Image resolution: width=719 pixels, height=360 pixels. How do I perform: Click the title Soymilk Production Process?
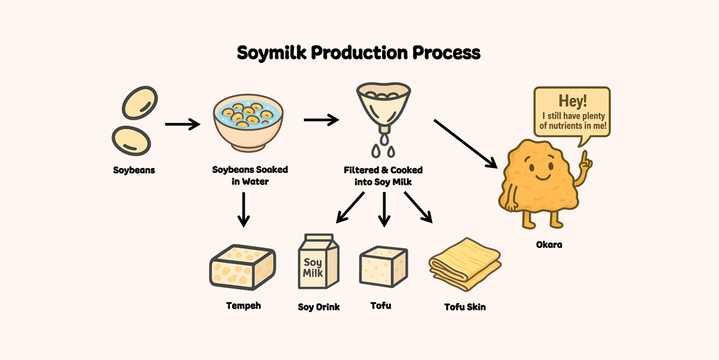(x=359, y=53)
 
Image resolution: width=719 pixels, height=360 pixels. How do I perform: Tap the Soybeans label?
(x=134, y=170)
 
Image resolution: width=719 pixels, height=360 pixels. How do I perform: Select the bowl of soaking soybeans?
(x=248, y=122)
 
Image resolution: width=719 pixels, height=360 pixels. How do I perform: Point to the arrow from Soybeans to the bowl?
(x=182, y=124)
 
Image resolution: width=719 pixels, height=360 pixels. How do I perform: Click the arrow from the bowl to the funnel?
(x=321, y=120)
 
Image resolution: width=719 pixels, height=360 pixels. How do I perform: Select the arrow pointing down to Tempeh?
(x=244, y=209)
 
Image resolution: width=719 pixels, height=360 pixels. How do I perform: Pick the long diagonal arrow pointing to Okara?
(x=465, y=144)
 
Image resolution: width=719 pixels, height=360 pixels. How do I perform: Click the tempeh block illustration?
(x=242, y=267)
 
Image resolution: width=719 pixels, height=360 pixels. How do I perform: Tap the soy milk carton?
(x=318, y=261)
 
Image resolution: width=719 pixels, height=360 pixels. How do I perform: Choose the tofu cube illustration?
(x=383, y=267)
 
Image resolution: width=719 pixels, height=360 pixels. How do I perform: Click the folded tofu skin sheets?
(x=465, y=265)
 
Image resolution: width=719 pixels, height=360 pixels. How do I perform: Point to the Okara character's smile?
(x=543, y=177)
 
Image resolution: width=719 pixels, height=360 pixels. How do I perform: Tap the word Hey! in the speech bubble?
(x=573, y=101)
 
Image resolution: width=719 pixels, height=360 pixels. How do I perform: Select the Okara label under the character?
(x=549, y=245)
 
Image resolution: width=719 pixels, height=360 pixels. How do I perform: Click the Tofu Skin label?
(x=465, y=307)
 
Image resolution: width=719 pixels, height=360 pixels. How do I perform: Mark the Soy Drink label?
(x=319, y=307)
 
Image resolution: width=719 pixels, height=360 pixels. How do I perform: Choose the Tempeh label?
(x=243, y=306)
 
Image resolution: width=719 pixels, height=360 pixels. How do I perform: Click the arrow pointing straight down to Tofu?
(x=384, y=209)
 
